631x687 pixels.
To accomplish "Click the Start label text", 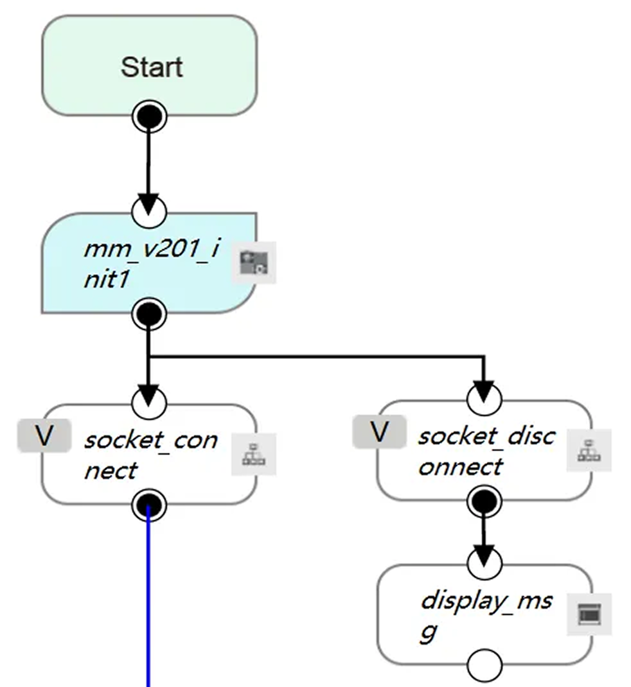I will pyautogui.click(x=152, y=67).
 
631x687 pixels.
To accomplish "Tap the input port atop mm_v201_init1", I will pyautogui.click(x=148, y=210).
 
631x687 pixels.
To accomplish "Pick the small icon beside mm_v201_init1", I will pyautogui.click(x=254, y=262).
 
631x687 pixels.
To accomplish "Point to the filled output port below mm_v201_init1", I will pyautogui.click(x=149, y=315).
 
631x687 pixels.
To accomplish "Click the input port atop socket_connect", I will pyautogui.click(x=148, y=403).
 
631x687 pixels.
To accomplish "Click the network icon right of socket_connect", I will pyautogui.click(x=254, y=454).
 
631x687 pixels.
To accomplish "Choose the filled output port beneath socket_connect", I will pyautogui.click(x=149, y=507).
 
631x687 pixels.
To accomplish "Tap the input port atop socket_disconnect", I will pyautogui.click(x=484, y=399).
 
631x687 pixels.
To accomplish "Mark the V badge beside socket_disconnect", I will pyautogui.click(x=380, y=432).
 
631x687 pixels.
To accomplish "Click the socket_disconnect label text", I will pyautogui.click(x=486, y=451).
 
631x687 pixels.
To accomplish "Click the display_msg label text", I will pyautogui.click(x=486, y=616).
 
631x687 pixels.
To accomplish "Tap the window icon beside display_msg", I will pyautogui.click(x=589, y=614).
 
